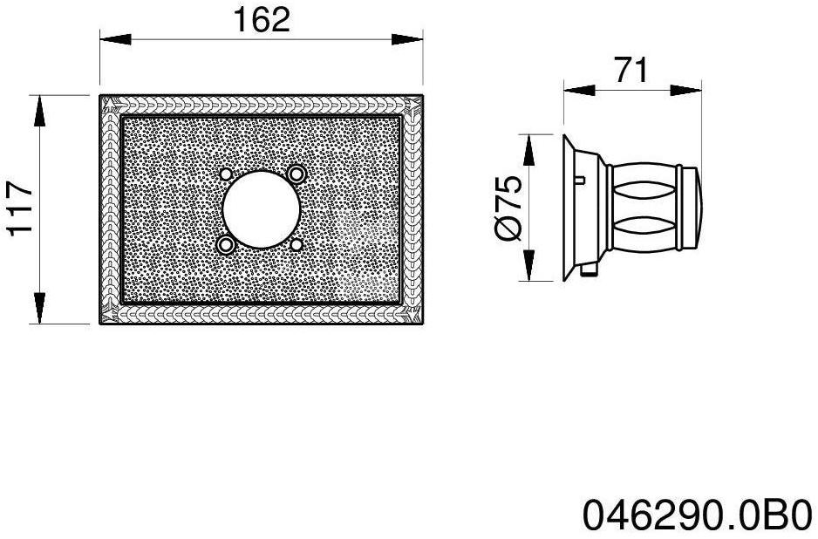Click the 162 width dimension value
coord(261,19)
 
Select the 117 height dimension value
coord(19,209)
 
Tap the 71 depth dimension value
coord(631,70)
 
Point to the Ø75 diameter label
coord(508,208)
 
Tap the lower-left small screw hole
coord(227,245)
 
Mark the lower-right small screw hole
coord(297,245)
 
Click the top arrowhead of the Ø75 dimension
coord(528,149)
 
